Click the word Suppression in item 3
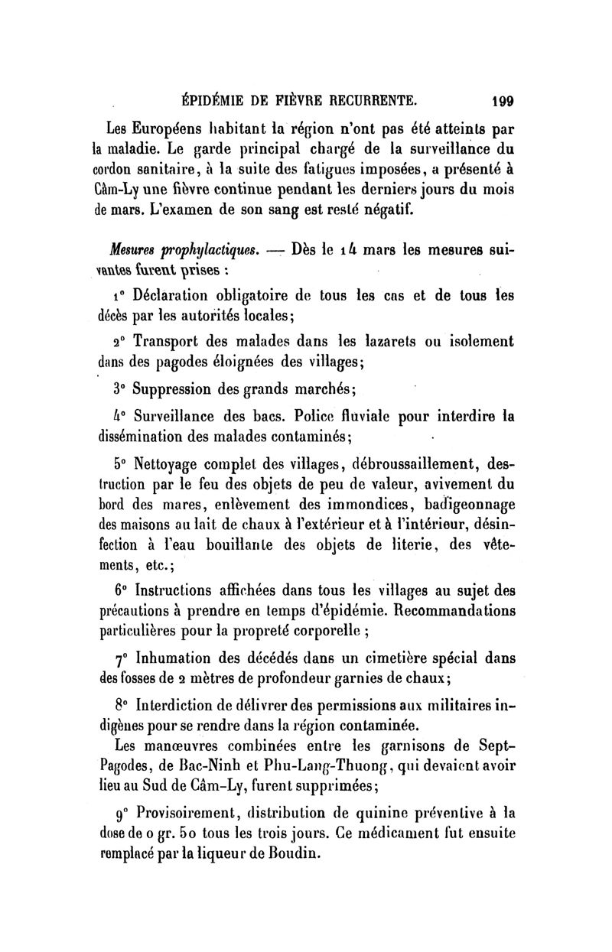click(180, 389)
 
